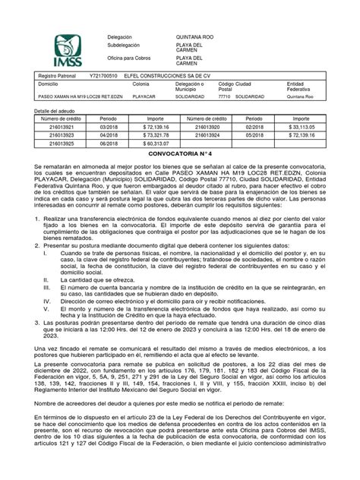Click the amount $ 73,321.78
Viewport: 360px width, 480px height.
click(x=158, y=137)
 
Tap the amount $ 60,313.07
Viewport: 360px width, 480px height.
click(x=158, y=145)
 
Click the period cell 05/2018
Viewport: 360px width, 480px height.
click(x=257, y=137)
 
